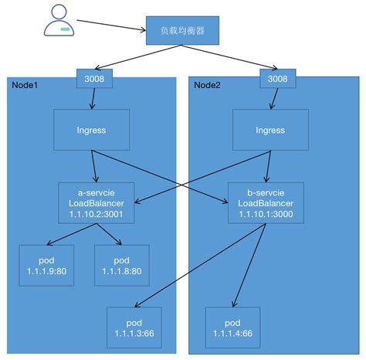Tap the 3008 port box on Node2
276,79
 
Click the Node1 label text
26,84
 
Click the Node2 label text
207,84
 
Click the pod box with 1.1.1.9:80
46,264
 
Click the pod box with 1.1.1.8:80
121,264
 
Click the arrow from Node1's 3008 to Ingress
93,97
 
